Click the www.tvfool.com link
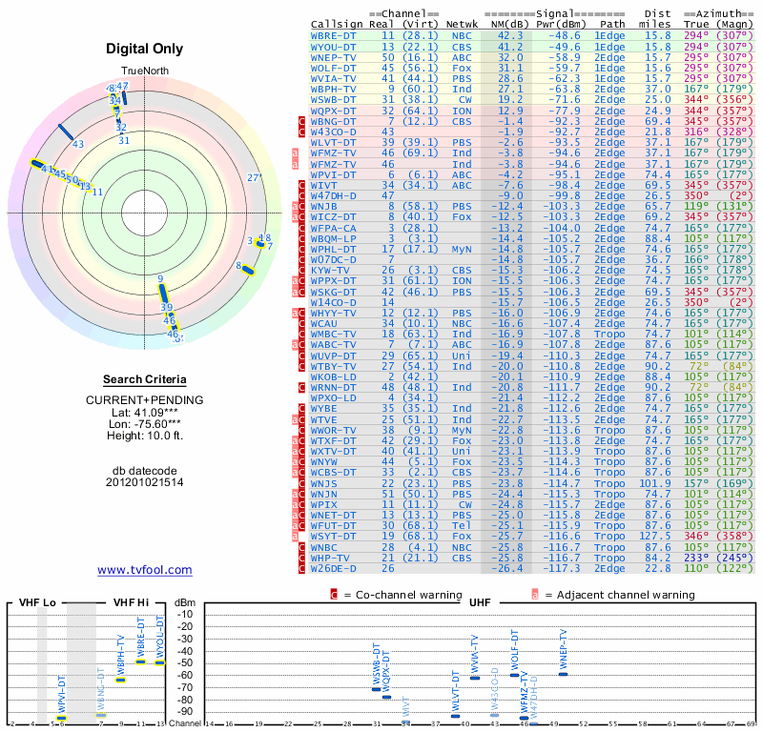[144, 570]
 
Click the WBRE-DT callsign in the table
[333, 34]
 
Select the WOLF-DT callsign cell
[333, 68]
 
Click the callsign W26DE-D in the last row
[335, 568]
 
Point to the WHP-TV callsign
[330, 558]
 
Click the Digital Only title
[144, 50]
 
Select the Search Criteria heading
[144, 380]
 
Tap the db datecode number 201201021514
[144, 482]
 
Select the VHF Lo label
[37, 603]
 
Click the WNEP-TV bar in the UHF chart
[563, 674]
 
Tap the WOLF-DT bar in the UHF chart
[514, 675]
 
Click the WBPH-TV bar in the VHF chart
[121, 680]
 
